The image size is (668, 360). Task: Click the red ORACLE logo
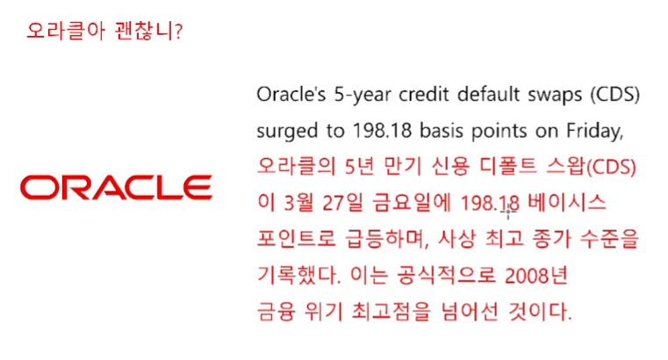[116, 187]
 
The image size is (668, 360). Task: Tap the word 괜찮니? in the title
[148, 31]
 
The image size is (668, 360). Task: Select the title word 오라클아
[66, 31]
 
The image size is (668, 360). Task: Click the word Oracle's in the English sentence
[291, 94]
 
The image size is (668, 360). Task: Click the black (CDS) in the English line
[614, 95]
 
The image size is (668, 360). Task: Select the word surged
[287, 131]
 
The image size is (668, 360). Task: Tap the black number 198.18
[382, 131]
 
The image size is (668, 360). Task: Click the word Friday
[595, 131]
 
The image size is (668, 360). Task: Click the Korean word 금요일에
[411, 202]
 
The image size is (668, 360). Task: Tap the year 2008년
[536, 275]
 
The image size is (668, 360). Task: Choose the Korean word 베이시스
[566, 202]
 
